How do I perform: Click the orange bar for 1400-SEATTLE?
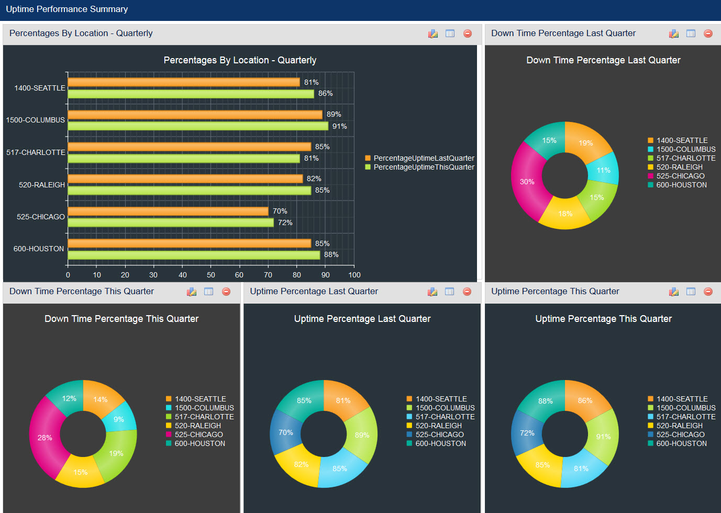183,82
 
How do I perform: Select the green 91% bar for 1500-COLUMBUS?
198,126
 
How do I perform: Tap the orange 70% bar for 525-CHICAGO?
168,211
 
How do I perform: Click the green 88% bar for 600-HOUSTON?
194,255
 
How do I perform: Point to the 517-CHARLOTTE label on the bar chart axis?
36,152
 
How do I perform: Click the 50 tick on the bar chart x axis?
211,275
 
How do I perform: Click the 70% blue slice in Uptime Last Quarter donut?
285,432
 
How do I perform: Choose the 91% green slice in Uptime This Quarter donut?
603,436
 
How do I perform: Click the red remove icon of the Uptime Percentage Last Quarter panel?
467,292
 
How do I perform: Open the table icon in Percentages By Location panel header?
450,34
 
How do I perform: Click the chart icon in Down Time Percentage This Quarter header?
192,292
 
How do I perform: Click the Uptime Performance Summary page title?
67,9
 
